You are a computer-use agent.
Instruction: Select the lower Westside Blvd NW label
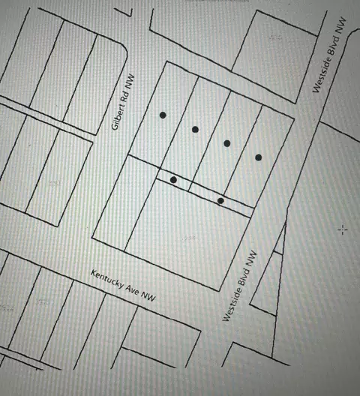tap(240, 286)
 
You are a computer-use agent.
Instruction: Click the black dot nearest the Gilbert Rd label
tap(163, 115)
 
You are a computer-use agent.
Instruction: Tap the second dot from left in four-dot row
tap(195, 130)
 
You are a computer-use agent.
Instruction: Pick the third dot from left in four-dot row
tap(226, 143)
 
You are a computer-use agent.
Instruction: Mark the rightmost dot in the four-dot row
tap(258, 157)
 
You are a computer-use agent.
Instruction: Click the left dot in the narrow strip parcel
tap(174, 180)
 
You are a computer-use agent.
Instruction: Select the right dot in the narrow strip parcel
tap(220, 200)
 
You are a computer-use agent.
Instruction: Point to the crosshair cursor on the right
tap(343, 229)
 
